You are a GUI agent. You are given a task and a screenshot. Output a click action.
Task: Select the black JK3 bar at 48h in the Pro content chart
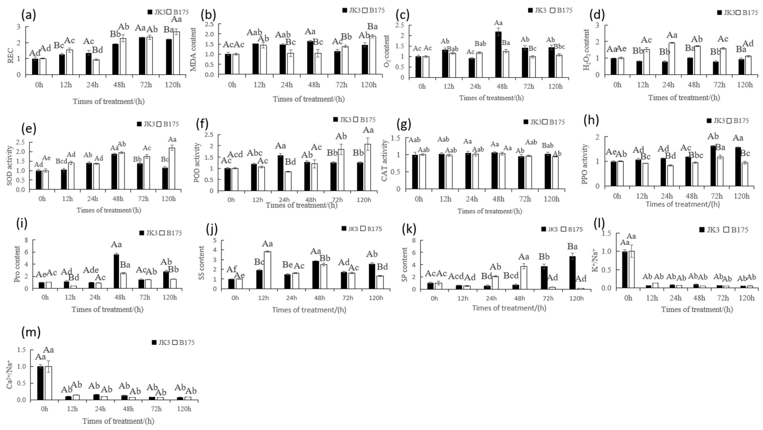pos(116,271)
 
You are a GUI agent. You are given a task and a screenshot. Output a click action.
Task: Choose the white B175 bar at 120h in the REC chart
pos(176,53)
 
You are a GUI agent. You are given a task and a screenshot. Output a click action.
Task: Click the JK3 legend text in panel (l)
pos(713,230)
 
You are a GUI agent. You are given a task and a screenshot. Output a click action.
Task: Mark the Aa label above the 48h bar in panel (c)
pos(498,23)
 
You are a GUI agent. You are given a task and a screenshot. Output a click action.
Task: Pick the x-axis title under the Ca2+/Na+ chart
pos(118,421)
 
